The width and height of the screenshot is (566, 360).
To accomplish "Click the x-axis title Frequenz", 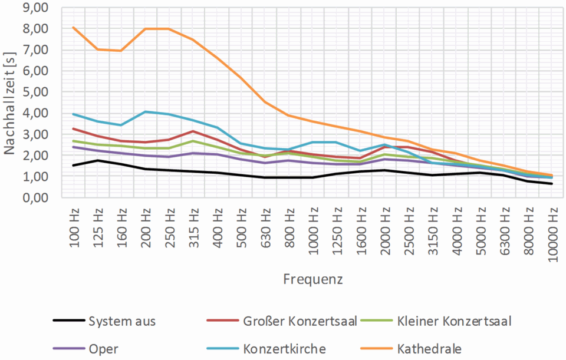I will pyautogui.click(x=312, y=278).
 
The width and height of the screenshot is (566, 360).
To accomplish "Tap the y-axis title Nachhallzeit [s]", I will pyautogui.click(x=10, y=104).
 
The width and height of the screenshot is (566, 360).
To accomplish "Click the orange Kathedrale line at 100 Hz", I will pyautogui.click(x=74, y=27).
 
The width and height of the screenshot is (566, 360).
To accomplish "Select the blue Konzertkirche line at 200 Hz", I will pyautogui.click(x=146, y=111).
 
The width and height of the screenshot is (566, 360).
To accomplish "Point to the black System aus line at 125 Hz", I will pyautogui.click(x=98, y=160).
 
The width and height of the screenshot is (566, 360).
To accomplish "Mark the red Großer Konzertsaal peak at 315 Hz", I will pyautogui.click(x=193, y=131).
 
